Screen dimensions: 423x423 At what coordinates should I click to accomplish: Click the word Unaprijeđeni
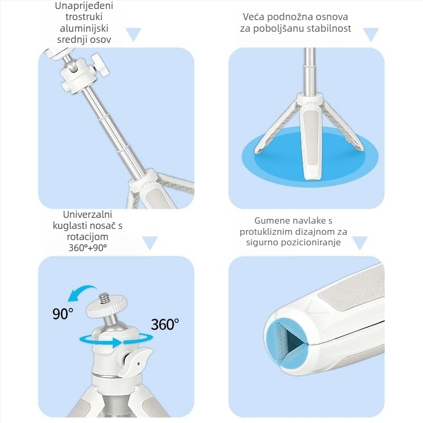coord(84,6)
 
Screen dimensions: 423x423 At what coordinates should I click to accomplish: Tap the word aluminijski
coord(84,29)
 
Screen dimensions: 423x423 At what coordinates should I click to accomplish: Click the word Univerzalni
coord(87,215)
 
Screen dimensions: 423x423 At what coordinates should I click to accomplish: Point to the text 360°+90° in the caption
coord(88,247)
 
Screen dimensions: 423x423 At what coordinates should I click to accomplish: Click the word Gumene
coord(271,220)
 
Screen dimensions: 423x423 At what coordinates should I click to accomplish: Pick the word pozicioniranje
coord(311,242)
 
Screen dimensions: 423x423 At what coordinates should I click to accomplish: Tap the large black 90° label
coord(62,314)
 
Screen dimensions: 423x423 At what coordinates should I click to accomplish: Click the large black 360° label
coord(165,324)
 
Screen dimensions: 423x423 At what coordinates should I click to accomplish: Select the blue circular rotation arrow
coord(116,340)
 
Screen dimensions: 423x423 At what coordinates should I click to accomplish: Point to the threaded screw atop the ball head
coord(104,299)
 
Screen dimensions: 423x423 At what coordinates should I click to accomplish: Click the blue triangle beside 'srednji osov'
coord(134,34)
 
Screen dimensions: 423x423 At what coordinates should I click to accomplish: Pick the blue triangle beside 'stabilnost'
coord(371,34)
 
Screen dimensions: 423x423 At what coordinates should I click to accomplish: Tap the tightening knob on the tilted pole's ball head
coord(100,65)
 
